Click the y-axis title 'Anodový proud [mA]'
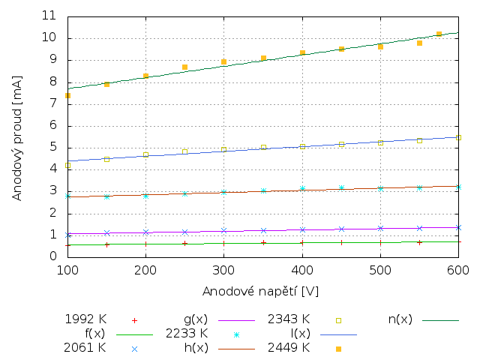point(16,137)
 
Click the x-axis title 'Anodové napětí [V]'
point(261,290)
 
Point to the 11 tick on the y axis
point(49,16)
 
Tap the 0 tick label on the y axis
point(53,256)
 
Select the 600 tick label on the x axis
point(458,269)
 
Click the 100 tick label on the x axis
point(68,269)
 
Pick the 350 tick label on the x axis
point(263,269)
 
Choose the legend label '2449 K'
point(289,348)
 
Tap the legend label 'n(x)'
point(400,319)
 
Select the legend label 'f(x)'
point(94,333)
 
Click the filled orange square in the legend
point(338,349)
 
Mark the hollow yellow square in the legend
point(338,320)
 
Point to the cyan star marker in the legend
point(236,334)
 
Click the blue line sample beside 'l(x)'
point(338,334)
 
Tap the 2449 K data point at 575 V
point(439,34)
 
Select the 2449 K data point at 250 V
point(184,67)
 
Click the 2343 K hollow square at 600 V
point(458,137)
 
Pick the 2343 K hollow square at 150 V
point(106,159)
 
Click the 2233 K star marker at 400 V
point(302,189)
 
